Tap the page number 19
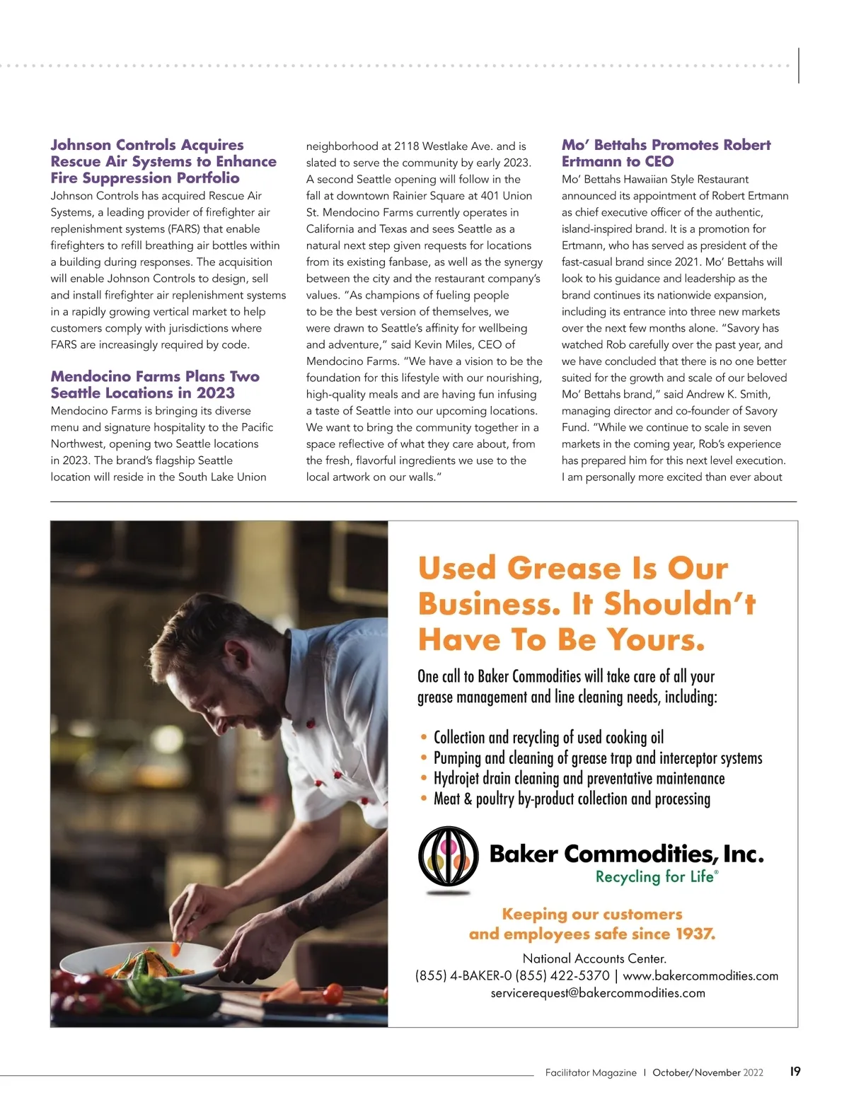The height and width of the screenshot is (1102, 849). [795, 1072]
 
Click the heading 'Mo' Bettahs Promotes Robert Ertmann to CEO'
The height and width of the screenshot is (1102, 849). [666, 153]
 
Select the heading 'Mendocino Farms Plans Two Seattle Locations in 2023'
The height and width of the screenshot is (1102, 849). [155, 384]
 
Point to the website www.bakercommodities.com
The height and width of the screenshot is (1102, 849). [700, 976]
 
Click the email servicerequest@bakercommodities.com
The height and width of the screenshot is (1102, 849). [598, 993]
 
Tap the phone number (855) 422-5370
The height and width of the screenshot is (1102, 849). [562, 976]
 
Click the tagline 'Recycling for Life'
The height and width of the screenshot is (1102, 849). [655, 877]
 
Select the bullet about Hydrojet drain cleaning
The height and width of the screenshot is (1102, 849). [579, 779]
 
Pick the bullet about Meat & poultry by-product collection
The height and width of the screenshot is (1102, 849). [572, 799]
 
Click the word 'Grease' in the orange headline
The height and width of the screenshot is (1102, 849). [564, 569]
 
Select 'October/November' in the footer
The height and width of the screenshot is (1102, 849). [696, 1072]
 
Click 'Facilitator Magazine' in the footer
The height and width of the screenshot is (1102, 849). [591, 1072]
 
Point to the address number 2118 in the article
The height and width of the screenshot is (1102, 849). [407, 146]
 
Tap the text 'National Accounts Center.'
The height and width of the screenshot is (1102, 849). [594, 959]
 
